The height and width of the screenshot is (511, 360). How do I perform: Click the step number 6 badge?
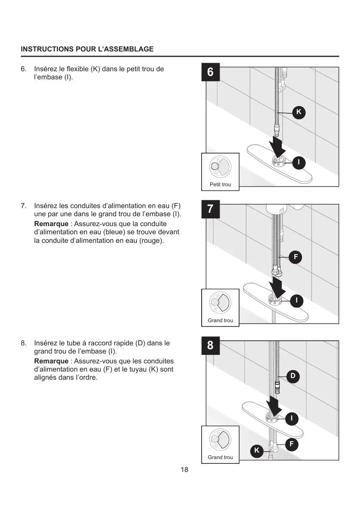pyautogui.click(x=210, y=72)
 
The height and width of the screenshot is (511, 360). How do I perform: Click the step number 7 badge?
pyautogui.click(x=210, y=209)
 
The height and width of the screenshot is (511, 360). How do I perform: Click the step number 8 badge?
pyautogui.click(x=210, y=346)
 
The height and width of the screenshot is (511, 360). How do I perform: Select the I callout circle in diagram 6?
pyautogui.click(x=299, y=162)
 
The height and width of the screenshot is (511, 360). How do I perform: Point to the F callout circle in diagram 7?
pyautogui.click(x=296, y=257)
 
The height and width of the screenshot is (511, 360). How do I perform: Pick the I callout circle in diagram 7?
pyautogui.click(x=296, y=300)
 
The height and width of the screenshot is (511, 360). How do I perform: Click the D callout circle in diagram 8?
pyautogui.click(x=293, y=376)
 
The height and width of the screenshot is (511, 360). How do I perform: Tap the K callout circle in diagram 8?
pyautogui.click(x=257, y=451)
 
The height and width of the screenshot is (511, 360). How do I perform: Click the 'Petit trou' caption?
pyautogui.click(x=220, y=184)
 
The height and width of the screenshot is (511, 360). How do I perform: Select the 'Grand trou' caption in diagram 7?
pyautogui.click(x=220, y=321)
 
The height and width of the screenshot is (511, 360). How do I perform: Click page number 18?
pyautogui.click(x=184, y=470)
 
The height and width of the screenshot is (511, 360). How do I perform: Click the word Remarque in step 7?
pyautogui.click(x=51, y=224)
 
